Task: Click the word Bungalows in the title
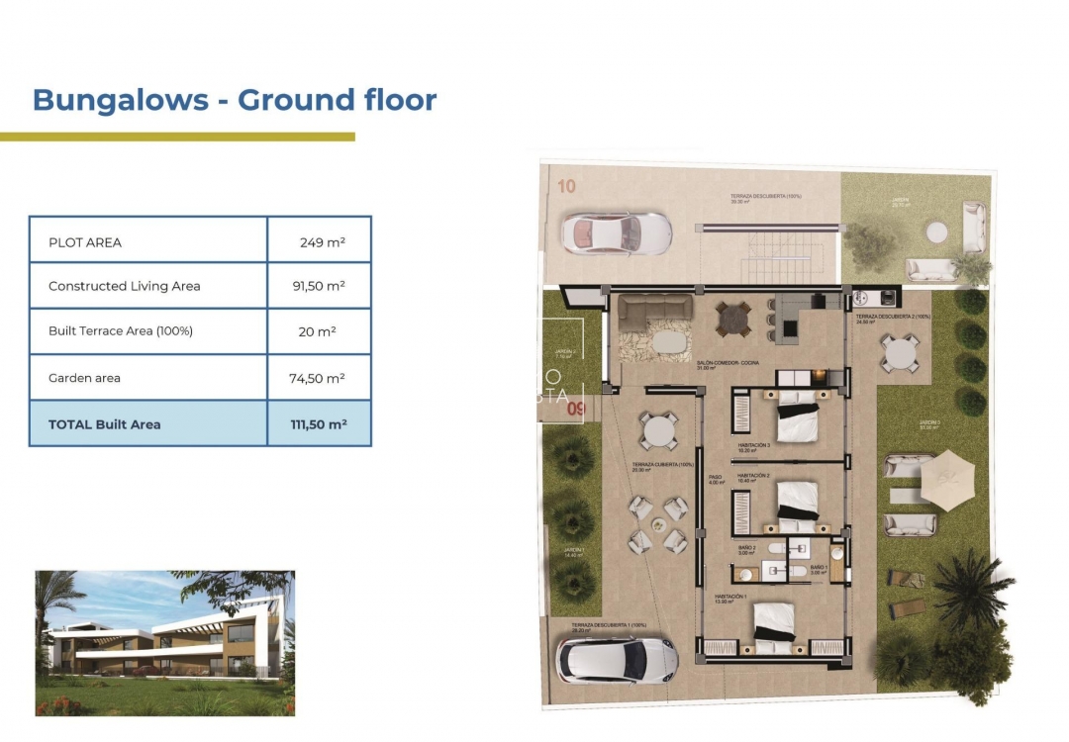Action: tap(120, 100)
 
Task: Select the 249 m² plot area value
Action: tap(322, 241)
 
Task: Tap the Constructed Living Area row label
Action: tap(125, 286)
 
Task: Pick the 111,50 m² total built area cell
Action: tap(319, 424)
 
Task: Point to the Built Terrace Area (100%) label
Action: tap(121, 331)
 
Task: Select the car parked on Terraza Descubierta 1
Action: tap(617, 659)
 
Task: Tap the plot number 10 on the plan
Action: tap(566, 186)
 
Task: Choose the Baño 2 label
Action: tap(746, 548)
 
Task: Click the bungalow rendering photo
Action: tap(165, 642)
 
